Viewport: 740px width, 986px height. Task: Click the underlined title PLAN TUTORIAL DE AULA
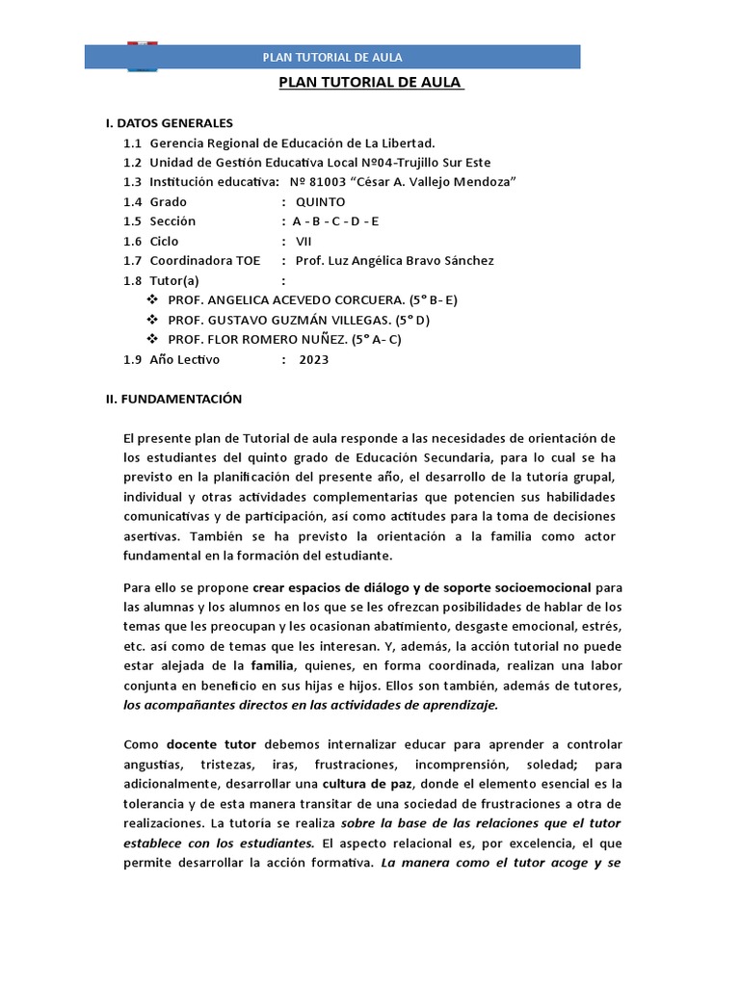click(371, 82)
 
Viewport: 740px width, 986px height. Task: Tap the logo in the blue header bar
click(144, 56)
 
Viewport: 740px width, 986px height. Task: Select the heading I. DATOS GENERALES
click(169, 123)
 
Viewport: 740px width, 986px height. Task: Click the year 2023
click(314, 359)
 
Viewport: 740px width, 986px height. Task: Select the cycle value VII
click(304, 242)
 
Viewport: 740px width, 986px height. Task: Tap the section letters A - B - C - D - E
click(336, 221)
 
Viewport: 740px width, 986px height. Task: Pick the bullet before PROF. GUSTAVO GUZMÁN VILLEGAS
click(152, 320)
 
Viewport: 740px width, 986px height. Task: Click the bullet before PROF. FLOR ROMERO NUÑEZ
click(152, 340)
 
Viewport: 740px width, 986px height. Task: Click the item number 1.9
click(132, 359)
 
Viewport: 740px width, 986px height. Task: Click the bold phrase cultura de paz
click(365, 785)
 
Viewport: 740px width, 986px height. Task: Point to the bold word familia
click(272, 665)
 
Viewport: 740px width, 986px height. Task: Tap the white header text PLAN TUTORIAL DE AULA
click(332, 58)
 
